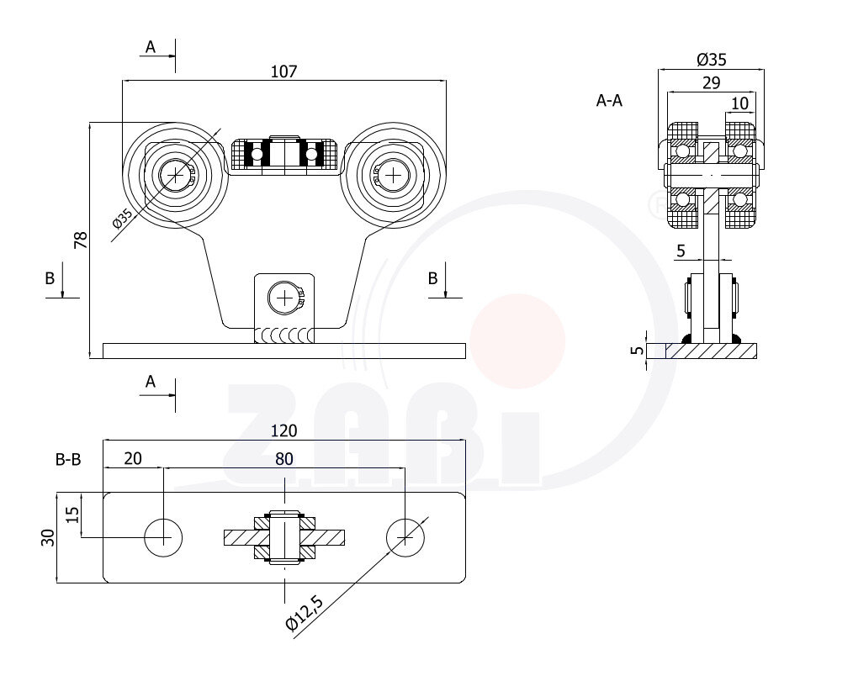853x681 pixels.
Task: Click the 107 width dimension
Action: [x=283, y=71]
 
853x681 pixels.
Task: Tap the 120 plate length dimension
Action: [x=283, y=431]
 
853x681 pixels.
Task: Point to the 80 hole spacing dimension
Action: [x=283, y=458]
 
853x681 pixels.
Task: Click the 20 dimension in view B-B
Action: [x=133, y=458]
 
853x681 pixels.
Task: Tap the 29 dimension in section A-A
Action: [x=710, y=82]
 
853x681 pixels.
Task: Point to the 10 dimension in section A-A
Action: [x=739, y=103]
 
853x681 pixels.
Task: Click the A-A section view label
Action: [x=609, y=101]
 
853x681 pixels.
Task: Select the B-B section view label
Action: [x=68, y=460]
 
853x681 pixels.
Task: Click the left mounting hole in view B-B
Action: [x=163, y=536]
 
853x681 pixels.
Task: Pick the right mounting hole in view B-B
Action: [x=405, y=536]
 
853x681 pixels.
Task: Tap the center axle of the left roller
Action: [x=176, y=175]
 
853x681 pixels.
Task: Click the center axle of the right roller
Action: [x=392, y=175]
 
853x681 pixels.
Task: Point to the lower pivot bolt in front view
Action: [x=285, y=297]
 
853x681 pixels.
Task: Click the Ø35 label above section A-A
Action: [x=712, y=59]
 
